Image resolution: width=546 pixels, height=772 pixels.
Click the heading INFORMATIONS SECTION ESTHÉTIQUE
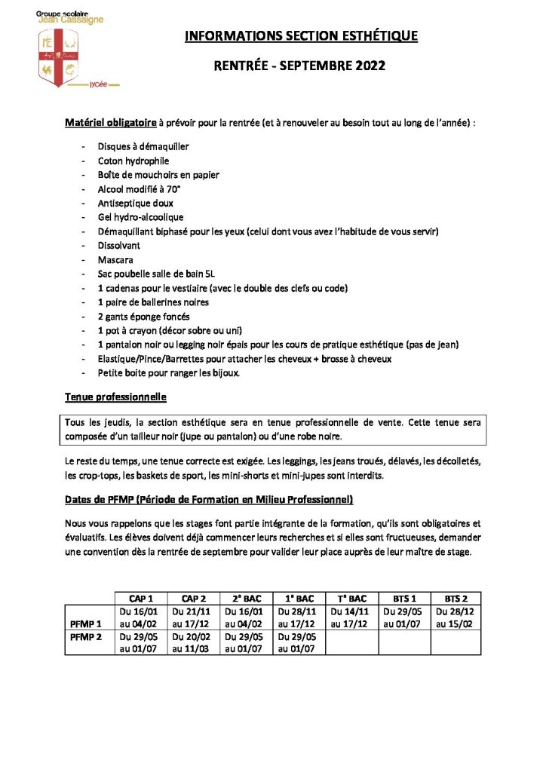tap(301, 35)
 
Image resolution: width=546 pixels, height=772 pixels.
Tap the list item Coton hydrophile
tap(133, 161)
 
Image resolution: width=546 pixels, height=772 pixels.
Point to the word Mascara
tap(115, 259)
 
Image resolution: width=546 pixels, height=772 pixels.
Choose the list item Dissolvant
tap(118, 245)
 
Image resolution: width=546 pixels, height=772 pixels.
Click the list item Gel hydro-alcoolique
tap(135, 217)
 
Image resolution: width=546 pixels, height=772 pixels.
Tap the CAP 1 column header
tap(141, 598)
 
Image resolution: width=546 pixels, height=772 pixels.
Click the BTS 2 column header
tap(456, 598)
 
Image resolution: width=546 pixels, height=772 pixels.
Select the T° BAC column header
tap(351, 598)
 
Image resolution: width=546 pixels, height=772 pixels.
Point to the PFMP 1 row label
tap(85, 623)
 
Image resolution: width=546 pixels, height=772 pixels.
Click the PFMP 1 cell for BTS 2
tap(456, 617)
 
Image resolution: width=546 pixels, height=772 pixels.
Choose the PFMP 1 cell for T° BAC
tap(351, 617)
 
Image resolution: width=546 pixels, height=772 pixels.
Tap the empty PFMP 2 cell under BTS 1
tap(403, 642)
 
